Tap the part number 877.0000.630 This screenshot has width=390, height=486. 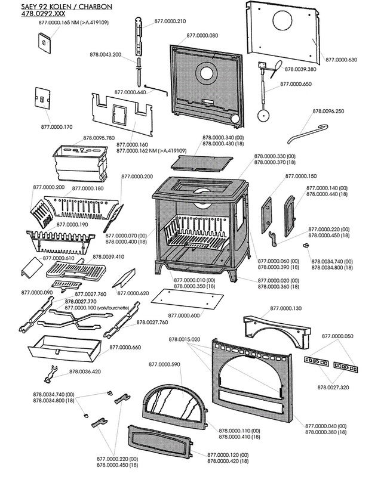[x=341, y=60]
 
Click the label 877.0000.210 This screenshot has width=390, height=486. [x=170, y=21]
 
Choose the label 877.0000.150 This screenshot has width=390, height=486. [x=301, y=176]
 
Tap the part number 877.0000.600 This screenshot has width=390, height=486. [x=184, y=315]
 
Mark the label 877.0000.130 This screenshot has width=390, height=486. [x=286, y=308]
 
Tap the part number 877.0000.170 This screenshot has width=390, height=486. [x=57, y=126]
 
